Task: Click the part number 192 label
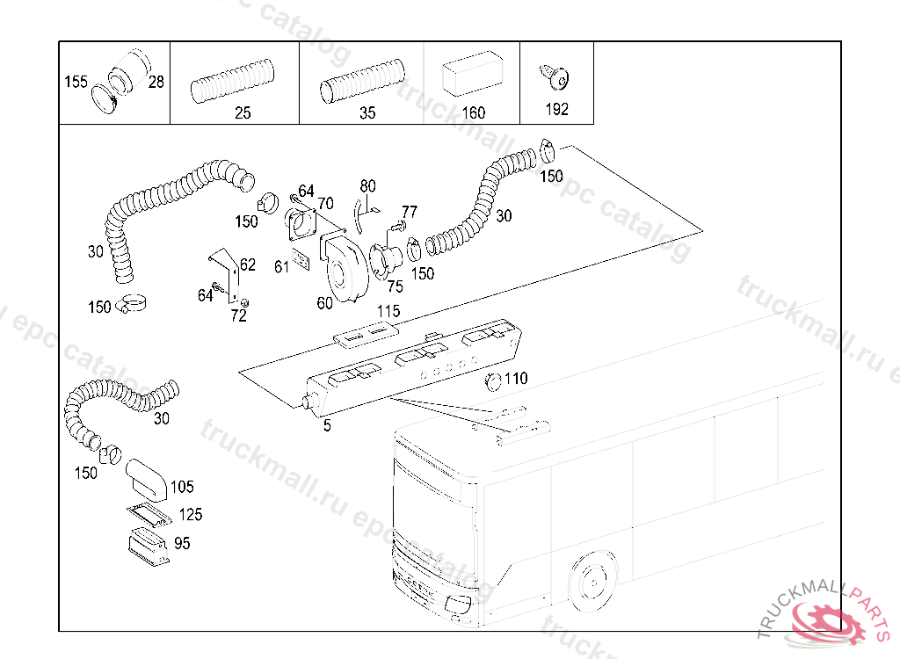pyautogui.click(x=556, y=110)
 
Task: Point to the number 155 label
pyautogui.click(x=76, y=83)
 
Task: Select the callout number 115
pyautogui.click(x=388, y=311)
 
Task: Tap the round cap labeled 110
pyautogui.click(x=494, y=380)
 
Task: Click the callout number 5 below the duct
pyautogui.click(x=327, y=425)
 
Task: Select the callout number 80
pyautogui.click(x=367, y=186)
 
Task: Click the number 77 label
pyautogui.click(x=410, y=212)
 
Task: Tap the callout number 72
pyautogui.click(x=238, y=316)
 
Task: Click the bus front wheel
pyautogui.click(x=592, y=581)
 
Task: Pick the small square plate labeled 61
pyautogui.click(x=301, y=261)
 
